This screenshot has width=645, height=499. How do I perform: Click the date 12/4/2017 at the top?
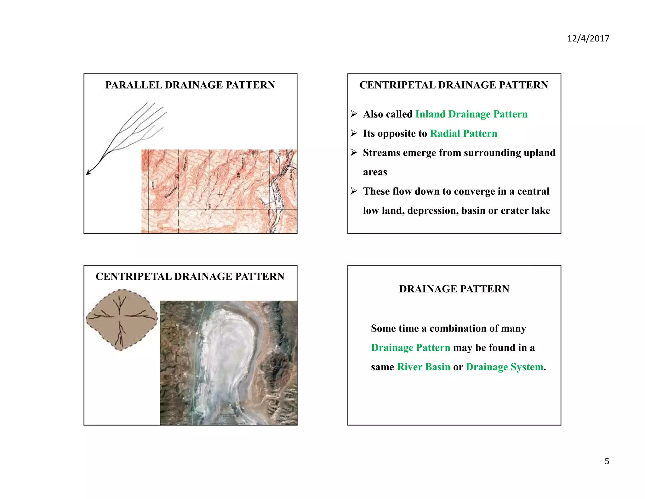click(x=588, y=38)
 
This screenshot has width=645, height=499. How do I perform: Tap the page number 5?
click(x=607, y=461)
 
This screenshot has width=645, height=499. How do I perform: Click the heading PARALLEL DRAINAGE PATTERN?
click(x=190, y=85)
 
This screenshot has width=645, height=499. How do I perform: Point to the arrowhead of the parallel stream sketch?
click(x=88, y=173)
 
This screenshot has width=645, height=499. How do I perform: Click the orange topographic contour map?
click(x=219, y=191)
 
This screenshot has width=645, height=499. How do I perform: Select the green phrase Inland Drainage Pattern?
click(x=471, y=114)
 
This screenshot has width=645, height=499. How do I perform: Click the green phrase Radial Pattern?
click(x=463, y=133)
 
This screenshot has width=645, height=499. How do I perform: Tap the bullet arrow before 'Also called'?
click(x=354, y=114)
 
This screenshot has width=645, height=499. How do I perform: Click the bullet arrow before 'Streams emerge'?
click(x=354, y=153)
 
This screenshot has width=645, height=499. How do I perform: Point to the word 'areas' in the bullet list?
click(x=375, y=172)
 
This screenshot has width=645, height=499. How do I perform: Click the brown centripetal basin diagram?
click(x=122, y=320)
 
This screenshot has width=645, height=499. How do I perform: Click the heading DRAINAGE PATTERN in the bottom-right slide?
click(x=454, y=289)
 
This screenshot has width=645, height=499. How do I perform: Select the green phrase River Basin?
click(x=423, y=367)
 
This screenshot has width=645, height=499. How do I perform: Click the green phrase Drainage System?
click(x=505, y=367)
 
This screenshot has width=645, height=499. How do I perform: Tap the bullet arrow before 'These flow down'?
click(x=354, y=191)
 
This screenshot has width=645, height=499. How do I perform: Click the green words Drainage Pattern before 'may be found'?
click(x=410, y=348)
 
